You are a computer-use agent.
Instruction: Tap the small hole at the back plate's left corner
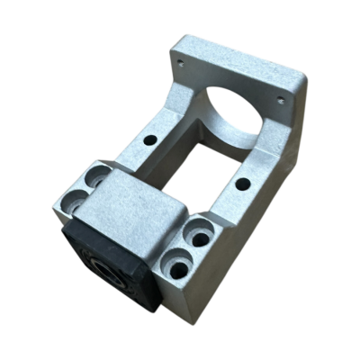click(180, 64)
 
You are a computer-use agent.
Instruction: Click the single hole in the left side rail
click(148, 140)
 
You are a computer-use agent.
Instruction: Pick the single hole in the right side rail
click(242, 184)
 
